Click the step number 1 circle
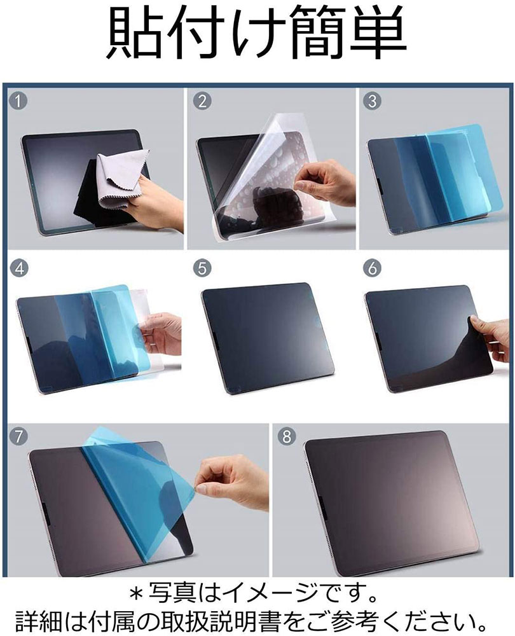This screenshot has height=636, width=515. pyautogui.click(x=18, y=100)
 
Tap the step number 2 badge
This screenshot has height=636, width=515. pyautogui.click(x=202, y=100)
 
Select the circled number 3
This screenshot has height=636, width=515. pyautogui.click(x=372, y=100)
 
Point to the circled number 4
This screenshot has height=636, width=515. pyautogui.click(x=20, y=268)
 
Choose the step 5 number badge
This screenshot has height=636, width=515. pyautogui.click(x=202, y=268)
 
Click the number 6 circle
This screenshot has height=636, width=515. pyautogui.click(x=372, y=268)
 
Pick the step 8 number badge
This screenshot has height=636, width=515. pyautogui.click(x=286, y=436)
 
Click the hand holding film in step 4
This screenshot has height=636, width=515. pyautogui.click(x=160, y=333)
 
